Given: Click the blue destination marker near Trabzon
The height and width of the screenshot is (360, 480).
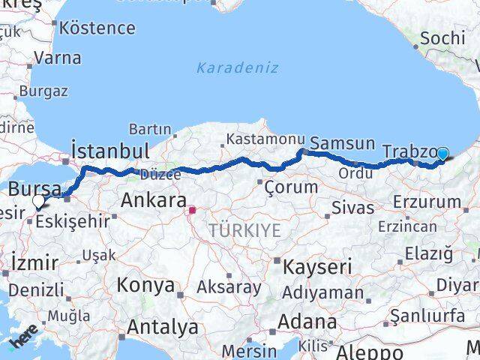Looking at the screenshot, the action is point(442,154).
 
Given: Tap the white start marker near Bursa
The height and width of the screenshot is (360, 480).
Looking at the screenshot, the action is point(38,201).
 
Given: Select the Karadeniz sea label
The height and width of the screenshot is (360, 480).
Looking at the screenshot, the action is point(237,67).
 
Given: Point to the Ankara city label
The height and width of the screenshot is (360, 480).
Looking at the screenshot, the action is point(153,200).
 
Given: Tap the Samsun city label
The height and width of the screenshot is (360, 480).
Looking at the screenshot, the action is point(342,143).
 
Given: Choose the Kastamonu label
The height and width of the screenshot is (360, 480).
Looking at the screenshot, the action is point(265,139).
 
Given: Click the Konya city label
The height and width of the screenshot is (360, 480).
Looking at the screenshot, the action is point(145,286).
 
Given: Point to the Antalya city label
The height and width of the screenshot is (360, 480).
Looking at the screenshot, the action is point(163,327).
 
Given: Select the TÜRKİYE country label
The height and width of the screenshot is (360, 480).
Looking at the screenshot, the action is point(245,230).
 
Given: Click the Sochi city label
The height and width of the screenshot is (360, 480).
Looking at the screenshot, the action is point(443,37).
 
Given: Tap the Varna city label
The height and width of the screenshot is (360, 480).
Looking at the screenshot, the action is point(58,57).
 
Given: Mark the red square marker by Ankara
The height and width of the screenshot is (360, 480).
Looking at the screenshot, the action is point(191,211).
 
